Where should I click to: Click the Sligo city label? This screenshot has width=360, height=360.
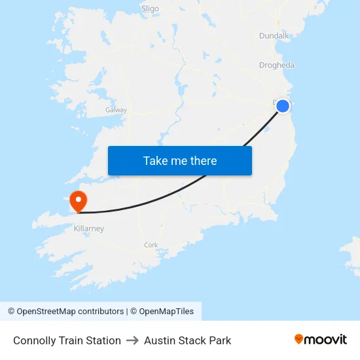click(150, 9)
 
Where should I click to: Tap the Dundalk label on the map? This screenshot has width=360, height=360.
click(274, 36)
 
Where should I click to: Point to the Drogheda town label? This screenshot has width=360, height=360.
click(276, 65)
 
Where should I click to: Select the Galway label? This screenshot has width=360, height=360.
click(116, 110)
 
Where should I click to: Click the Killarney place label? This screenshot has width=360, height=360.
click(88, 229)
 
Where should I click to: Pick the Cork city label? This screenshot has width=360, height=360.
click(151, 245)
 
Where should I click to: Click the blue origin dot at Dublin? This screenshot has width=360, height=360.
click(283, 106)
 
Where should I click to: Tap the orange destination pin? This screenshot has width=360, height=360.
click(79, 200)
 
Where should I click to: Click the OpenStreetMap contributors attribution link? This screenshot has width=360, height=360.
click(70, 312)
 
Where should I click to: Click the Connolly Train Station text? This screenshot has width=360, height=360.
click(67, 340)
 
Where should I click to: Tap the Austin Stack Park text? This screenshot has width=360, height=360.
click(187, 340)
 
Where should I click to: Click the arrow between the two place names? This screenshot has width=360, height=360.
click(132, 340)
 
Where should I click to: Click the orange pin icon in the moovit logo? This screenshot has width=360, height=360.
click(299, 339)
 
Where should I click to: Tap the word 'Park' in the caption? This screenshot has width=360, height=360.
click(220, 340)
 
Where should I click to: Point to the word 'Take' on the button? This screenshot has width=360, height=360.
click(156, 160)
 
